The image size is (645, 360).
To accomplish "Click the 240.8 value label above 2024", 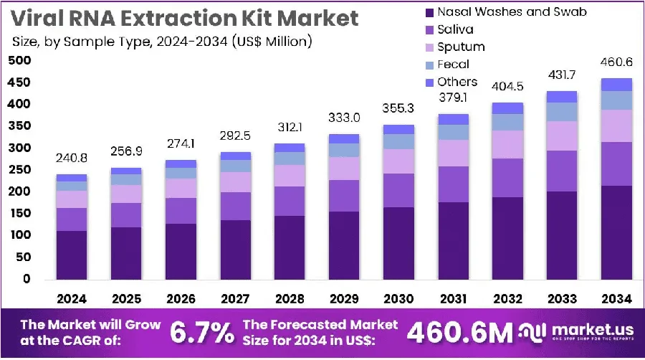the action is click(x=72, y=158).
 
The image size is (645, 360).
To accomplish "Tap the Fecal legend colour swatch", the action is click(x=429, y=65).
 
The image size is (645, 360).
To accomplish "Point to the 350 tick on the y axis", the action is click(x=20, y=126).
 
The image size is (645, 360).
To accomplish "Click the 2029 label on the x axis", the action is click(x=344, y=299).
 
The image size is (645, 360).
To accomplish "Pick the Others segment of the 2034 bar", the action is click(x=616, y=85).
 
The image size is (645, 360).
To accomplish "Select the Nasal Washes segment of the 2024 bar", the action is click(x=72, y=255).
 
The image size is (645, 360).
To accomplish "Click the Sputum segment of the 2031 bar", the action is click(x=454, y=153).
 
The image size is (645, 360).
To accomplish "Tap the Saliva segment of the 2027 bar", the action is click(x=235, y=206).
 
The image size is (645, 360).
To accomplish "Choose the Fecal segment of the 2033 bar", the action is click(x=562, y=112).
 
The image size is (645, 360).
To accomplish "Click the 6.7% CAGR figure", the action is click(x=202, y=333).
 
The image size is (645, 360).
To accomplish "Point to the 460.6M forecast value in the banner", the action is click(x=460, y=333).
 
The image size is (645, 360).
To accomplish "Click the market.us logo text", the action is click(x=593, y=330).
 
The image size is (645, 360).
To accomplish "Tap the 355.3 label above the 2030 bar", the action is click(x=398, y=108).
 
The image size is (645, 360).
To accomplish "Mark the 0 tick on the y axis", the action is click(x=27, y=279).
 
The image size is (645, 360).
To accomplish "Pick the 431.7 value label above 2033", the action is click(x=562, y=75).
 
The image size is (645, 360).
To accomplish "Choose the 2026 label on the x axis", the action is click(x=181, y=299).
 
